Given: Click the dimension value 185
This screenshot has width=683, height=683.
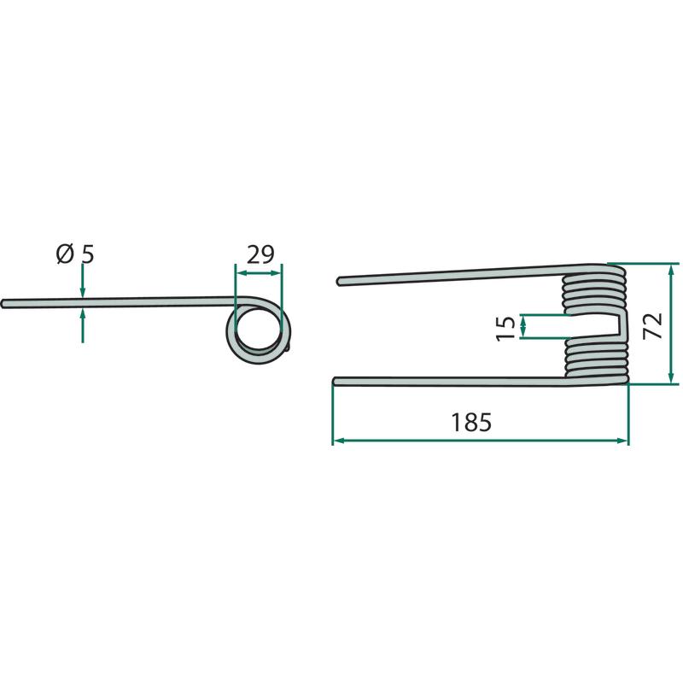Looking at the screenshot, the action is [471, 422].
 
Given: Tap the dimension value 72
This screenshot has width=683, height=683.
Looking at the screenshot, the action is [653, 325].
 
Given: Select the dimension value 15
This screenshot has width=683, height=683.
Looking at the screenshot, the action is [505, 328].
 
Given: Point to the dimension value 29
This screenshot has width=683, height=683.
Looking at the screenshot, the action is [260, 254].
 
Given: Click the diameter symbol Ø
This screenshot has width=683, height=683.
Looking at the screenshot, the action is [65, 254].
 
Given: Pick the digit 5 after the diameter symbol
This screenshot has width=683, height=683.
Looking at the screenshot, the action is [88, 254].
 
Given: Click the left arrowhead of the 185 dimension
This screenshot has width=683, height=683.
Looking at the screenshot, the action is [339, 441].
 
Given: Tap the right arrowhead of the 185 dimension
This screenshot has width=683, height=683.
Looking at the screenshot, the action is [623, 441].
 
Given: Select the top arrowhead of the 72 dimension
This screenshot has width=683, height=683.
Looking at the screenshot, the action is [671, 269].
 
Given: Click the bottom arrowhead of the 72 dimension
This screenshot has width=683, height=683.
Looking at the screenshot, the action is [671, 378].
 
